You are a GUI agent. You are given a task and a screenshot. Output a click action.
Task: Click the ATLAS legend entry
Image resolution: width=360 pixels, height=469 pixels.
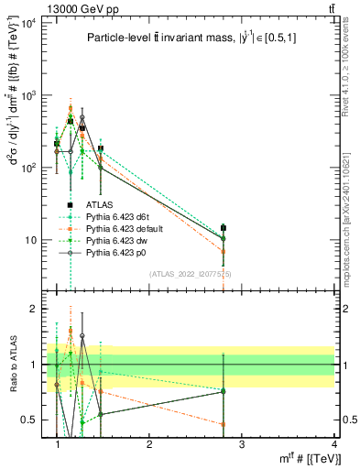(x=100, y=205)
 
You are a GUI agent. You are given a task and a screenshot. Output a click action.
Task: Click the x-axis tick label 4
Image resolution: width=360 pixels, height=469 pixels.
(x=333, y=443)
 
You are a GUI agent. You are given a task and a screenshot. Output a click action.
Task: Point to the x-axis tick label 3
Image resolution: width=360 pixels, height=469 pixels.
(x=241, y=443)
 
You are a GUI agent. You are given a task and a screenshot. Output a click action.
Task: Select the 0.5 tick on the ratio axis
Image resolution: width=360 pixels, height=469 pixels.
(x=31, y=420)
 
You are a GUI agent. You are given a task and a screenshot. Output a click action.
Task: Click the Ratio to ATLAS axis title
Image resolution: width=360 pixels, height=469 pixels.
(x=12, y=364)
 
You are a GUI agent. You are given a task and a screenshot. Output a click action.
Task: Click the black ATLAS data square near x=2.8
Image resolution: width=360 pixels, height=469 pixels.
(x=223, y=228)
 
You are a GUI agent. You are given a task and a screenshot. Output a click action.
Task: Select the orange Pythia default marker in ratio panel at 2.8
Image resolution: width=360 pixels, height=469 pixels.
(x=223, y=424)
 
